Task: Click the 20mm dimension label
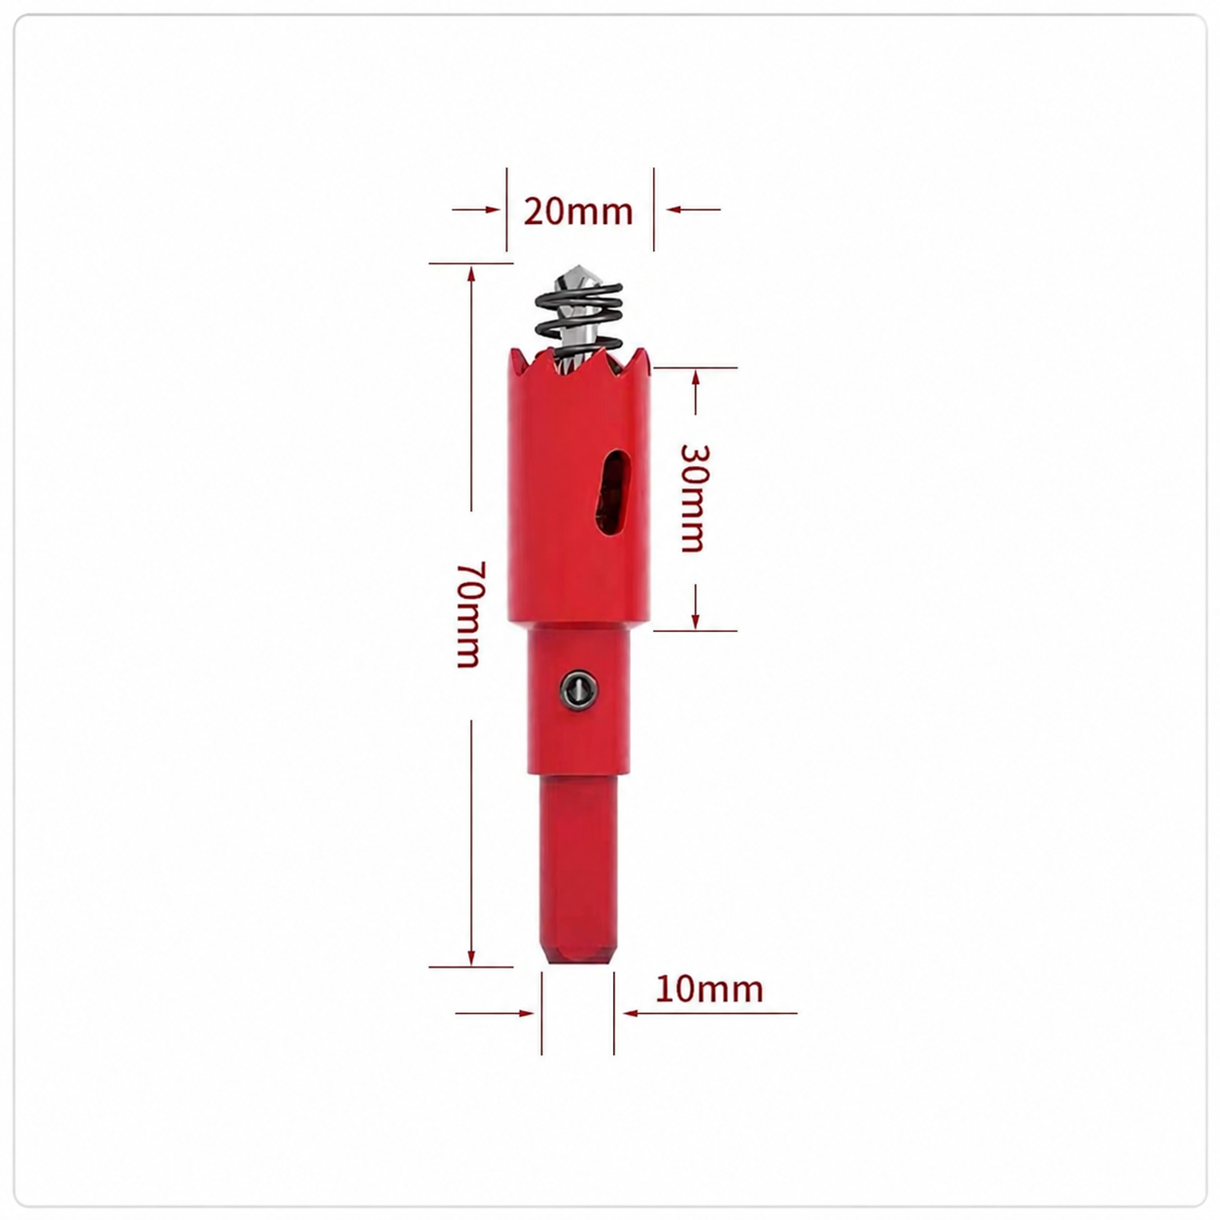point(578,211)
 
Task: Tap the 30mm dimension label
point(695,498)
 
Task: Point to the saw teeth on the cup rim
point(579,361)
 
